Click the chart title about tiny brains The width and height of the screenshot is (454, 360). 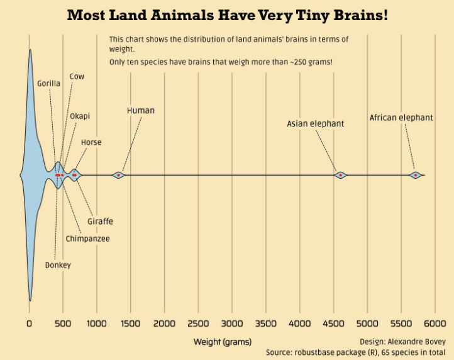(x=227, y=15)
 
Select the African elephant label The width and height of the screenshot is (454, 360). (x=401, y=118)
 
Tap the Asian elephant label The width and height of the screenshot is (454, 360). (x=316, y=124)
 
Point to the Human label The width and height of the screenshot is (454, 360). (x=141, y=111)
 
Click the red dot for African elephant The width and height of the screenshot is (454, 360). (x=415, y=175)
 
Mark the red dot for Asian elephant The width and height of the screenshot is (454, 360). (x=340, y=175)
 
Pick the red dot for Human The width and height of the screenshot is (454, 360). (x=118, y=175)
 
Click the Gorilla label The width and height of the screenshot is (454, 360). (x=48, y=83)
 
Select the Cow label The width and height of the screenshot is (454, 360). (x=77, y=77)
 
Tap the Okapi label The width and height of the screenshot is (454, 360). (x=80, y=116)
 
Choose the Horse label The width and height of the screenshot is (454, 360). (x=91, y=143)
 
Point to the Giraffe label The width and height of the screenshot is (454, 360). (x=100, y=222)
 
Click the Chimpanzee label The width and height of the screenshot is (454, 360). (x=87, y=239)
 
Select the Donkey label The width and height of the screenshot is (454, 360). (x=58, y=265)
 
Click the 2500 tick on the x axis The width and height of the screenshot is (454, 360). (x=198, y=324)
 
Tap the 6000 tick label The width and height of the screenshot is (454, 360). (x=435, y=324)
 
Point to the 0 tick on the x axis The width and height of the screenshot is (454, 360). (x=29, y=324)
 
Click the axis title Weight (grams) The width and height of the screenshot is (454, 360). (x=222, y=342)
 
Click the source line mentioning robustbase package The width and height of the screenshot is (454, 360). (x=355, y=352)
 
